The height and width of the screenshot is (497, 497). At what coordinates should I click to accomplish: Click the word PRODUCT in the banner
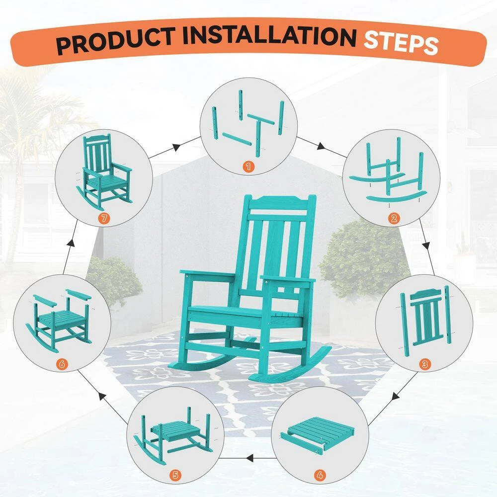[x=116, y=41]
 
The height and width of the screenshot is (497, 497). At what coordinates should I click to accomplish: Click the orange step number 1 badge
[x=249, y=166]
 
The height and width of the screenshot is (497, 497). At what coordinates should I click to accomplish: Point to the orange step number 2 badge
[x=394, y=218]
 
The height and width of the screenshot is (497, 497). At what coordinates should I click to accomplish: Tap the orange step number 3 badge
[x=425, y=364]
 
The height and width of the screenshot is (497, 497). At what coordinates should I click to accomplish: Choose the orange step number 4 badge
[x=320, y=475]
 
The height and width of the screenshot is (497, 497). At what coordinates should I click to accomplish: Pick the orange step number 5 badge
[x=175, y=475]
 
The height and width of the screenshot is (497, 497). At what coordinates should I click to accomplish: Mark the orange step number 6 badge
[x=62, y=364]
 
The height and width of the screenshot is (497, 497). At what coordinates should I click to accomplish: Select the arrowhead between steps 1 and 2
[x=321, y=146]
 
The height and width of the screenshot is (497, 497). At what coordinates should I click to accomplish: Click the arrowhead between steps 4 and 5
[x=249, y=458]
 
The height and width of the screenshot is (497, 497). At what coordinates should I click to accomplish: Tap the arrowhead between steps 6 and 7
[x=72, y=243]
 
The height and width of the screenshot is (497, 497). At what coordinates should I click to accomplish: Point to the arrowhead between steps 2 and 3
[x=426, y=246]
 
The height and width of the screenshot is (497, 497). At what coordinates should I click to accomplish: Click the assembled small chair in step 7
[x=104, y=173]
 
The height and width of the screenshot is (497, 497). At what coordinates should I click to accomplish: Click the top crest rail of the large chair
[x=278, y=203]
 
